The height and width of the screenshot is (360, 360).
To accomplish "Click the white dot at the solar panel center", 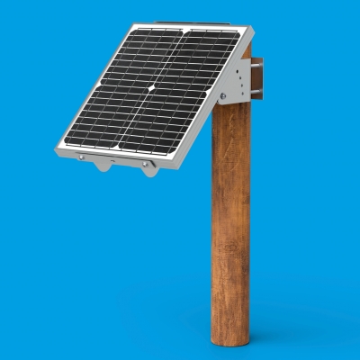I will click(153, 89).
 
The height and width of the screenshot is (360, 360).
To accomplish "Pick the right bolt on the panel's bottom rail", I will click(143, 166).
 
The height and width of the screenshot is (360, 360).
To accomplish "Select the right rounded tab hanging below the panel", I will click(149, 171).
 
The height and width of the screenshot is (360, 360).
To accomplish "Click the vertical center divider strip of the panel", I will click(154, 90).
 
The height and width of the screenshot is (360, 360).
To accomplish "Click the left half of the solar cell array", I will click(112, 85).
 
